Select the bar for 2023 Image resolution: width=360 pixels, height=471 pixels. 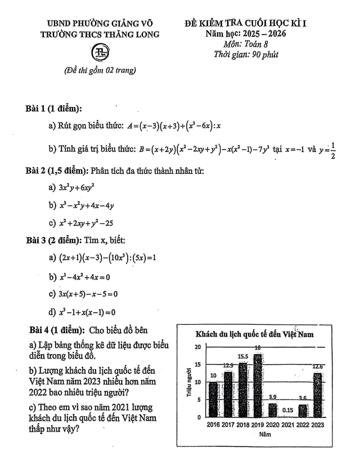(317, 394)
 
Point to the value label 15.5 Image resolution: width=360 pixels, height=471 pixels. (243, 356)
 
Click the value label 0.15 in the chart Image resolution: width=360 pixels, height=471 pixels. (288, 410)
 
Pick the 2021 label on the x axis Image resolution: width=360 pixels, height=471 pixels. (288, 425)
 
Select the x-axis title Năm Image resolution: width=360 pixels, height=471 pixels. (263, 435)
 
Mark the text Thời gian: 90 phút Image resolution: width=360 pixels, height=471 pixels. (246, 55)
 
